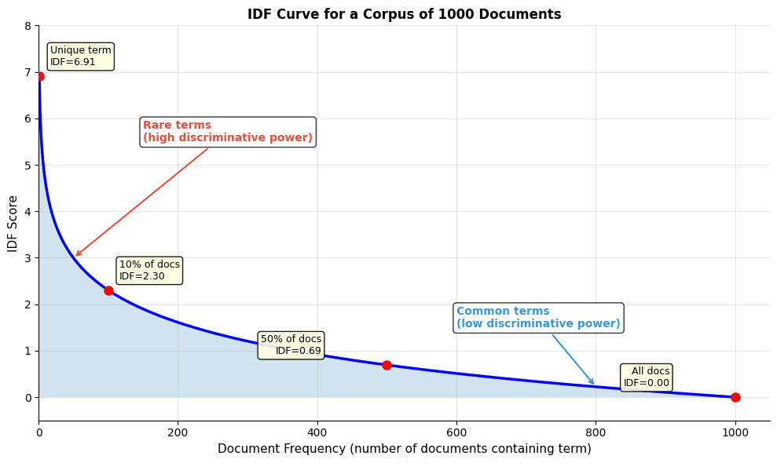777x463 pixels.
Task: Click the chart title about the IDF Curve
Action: pos(404,14)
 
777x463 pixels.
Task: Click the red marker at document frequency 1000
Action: pos(735,397)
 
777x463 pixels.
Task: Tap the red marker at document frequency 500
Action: pos(387,365)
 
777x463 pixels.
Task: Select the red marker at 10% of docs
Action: pos(108,290)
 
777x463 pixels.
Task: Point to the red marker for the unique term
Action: pos(39,76)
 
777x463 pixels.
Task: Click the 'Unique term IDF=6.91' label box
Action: pos(80,57)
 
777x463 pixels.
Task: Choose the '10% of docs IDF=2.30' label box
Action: pos(149,270)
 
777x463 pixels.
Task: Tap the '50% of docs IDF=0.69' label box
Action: pos(291,345)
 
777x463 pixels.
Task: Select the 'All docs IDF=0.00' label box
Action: pos(647,377)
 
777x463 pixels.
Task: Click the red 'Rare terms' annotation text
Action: pos(227,132)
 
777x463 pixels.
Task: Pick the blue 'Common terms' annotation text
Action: pos(538,318)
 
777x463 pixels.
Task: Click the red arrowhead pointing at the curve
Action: pos(76,255)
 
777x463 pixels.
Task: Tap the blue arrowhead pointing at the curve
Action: pos(593,384)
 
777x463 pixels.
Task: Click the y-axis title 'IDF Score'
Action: pos(13,224)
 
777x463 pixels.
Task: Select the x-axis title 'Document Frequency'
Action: pos(404,449)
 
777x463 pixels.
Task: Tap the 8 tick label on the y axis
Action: pos(27,26)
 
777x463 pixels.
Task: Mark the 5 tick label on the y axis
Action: pos(27,166)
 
